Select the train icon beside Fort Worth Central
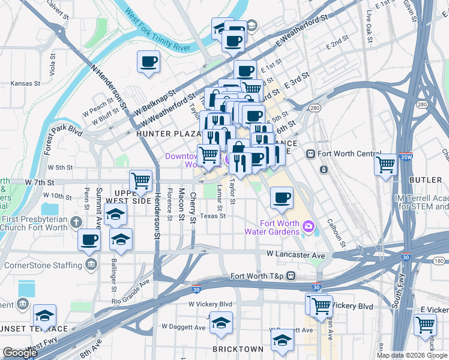(x=311, y=153)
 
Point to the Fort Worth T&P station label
(x=260, y=276)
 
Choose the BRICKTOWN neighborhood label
(x=238, y=349)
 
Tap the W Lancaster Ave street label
(x=296, y=255)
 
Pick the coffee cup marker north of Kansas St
(x=148, y=61)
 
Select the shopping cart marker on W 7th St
(x=141, y=181)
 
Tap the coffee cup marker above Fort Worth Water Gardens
(x=282, y=198)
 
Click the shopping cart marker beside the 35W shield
(x=385, y=164)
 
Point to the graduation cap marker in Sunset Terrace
(x=45, y=316)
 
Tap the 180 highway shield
(x=439, y=260)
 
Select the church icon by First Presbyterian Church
(x=75, y=222)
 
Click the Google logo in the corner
(x=20, y=352)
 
